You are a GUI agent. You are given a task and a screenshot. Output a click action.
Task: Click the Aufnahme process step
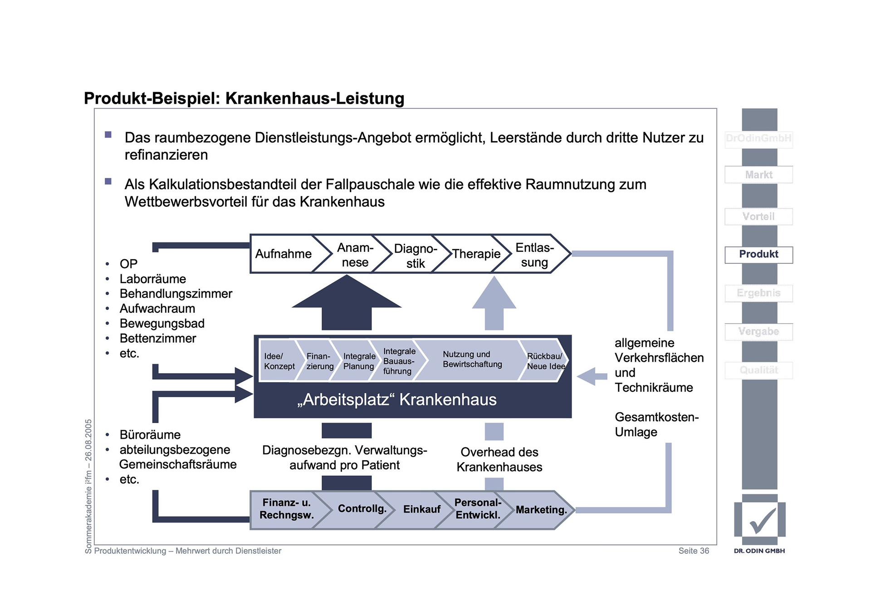point(283,254)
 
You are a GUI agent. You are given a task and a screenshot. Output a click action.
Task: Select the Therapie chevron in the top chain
point(476,254)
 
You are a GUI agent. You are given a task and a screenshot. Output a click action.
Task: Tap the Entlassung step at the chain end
point(534,255)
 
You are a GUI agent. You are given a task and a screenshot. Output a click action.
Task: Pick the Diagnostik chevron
point(415,256)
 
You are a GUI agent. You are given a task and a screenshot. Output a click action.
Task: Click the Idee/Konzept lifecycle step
point(279,361)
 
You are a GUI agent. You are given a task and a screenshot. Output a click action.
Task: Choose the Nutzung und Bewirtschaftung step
point(472,360)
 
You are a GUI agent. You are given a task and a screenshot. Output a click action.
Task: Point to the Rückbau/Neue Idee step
point(545,361)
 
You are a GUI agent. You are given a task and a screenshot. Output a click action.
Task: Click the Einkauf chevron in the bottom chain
point(421,509)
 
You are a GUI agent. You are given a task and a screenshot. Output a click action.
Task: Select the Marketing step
point(541,510)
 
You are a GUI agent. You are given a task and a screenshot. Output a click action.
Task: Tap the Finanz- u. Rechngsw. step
point(287,509)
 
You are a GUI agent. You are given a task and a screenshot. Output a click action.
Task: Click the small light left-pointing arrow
point(591,376)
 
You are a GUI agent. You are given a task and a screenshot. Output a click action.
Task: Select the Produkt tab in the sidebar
point(758,254)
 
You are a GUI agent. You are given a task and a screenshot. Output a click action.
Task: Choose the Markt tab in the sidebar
point(758,175)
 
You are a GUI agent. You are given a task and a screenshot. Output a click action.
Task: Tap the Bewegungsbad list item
point(162,323)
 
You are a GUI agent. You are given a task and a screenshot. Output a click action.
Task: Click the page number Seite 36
point(693,551)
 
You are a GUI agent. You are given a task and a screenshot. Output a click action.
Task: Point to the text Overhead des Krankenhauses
point(499,459)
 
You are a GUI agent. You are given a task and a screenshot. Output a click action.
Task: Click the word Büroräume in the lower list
point(150,435)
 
